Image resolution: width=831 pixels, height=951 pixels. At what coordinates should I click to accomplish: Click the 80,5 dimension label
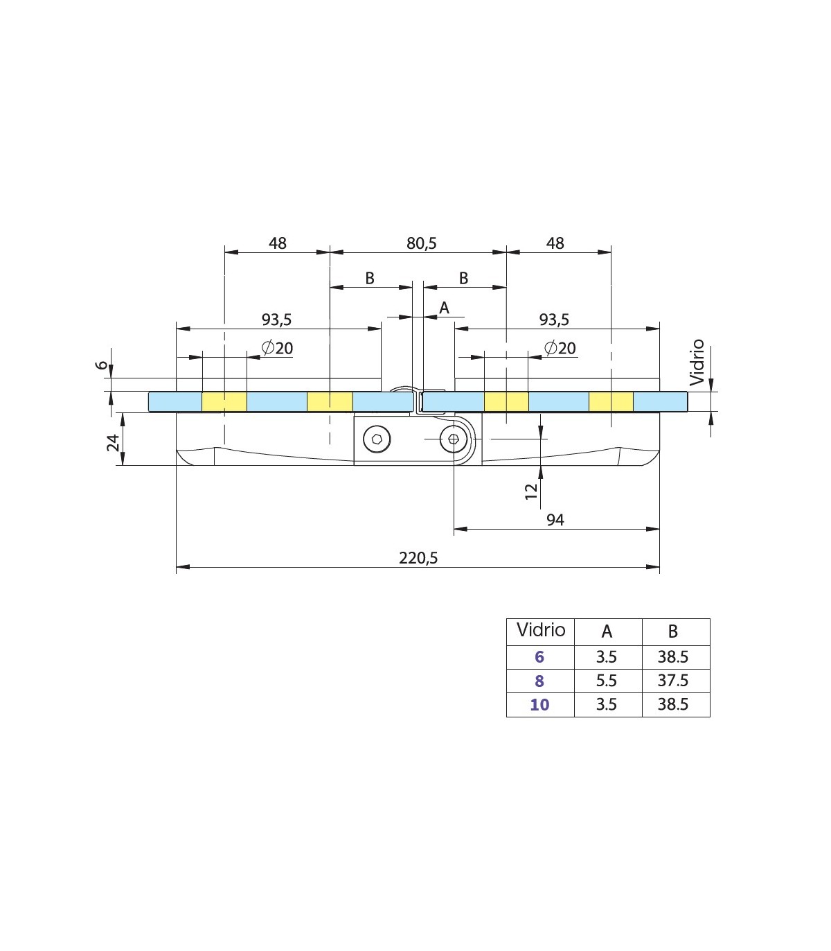422,243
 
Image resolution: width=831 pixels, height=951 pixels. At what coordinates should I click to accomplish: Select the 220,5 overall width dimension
418,558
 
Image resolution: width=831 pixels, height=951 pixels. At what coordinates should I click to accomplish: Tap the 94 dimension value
555,520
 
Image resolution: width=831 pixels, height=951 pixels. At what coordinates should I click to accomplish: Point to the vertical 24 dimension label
114,442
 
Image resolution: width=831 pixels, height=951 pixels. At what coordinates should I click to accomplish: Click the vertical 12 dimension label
530,491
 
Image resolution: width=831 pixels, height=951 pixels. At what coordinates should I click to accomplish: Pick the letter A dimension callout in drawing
445,308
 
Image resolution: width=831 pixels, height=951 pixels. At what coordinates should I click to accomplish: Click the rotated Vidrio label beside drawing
697,363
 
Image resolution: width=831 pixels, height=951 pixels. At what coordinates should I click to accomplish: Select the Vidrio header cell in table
541,630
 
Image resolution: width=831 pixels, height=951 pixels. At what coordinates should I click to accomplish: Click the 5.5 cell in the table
607,681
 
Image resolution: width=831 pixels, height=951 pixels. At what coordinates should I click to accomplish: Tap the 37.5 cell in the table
672,681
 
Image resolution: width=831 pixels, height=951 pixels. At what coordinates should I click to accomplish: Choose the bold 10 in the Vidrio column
539,705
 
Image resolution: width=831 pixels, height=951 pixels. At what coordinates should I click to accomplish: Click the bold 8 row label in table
539,681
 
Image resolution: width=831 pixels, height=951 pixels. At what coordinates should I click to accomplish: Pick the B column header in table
672,631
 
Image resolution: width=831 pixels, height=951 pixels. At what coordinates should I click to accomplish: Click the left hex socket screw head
377,439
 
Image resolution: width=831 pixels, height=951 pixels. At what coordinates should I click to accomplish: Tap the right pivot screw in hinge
454,439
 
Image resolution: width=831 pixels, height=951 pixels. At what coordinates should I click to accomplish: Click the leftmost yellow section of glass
224,401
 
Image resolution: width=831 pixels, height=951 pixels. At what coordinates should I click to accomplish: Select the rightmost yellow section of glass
611,401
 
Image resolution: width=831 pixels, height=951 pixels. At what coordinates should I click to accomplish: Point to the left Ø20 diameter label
277,348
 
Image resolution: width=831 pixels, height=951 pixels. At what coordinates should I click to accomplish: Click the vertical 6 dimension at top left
102,365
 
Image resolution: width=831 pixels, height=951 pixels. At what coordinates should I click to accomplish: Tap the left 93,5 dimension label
277,320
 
